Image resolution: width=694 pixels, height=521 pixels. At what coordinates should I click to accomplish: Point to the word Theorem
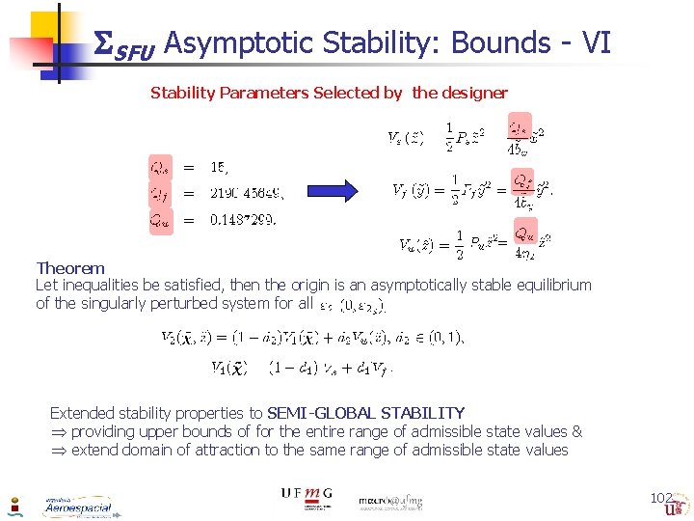tap(70, 268)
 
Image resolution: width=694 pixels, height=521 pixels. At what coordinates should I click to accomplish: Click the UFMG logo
tap(306, 494)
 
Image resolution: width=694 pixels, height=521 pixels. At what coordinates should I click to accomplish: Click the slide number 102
tap(661, 498)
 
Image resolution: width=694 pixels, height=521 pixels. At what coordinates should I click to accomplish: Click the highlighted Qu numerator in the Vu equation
tap(523, 233)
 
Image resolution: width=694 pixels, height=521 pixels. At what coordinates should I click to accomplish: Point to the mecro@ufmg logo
tap(390, 502)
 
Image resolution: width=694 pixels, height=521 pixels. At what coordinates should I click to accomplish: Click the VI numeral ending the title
tap(597, 42)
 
